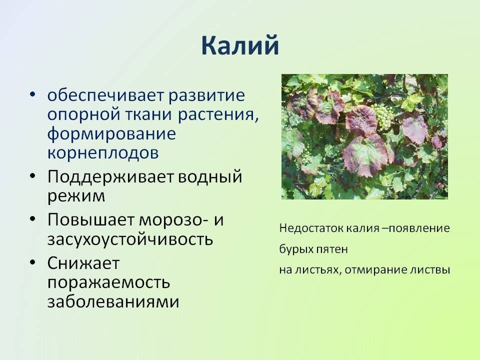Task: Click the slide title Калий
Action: pos(240,46)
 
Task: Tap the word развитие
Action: pos(207,95)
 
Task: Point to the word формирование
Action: pos(111,134)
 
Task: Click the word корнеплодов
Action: pos(103,153)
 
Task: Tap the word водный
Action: pos(210,177)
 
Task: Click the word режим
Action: pos(76,196)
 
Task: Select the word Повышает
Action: pos(91,219)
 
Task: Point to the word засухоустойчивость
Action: pos(130,239)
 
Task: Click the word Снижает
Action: pos(83,262)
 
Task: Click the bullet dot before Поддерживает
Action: pos(33,177)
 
